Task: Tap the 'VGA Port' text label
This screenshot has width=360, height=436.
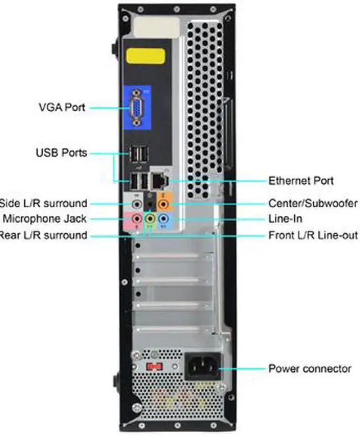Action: (x=62, y=107)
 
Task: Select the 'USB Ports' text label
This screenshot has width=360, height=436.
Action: (x=61, y=152)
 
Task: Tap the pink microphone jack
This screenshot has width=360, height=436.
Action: (x=137, y=218)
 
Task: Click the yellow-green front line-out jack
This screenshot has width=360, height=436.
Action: (x=150, y=218)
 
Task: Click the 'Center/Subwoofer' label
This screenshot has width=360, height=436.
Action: (x=312, y=203)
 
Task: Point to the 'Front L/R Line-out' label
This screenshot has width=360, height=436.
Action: (x=313, y=234)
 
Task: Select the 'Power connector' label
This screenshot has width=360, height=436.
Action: (x=309, y=369)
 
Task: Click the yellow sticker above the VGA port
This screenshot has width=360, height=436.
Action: (x=145, y=57)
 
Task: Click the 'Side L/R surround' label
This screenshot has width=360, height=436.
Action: (x=44, y=203)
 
